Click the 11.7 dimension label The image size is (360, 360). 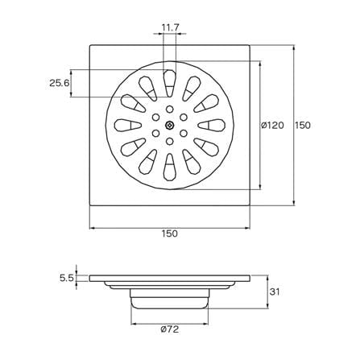171,27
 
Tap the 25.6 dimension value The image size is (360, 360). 60,83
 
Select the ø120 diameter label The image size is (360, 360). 272,125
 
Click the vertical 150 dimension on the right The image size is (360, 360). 303,125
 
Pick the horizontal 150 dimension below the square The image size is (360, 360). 170,234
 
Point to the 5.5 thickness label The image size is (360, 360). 66,278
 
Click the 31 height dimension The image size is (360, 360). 275,292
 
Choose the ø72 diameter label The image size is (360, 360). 170,329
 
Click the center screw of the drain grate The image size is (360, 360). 170,125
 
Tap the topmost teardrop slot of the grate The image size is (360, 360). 170,83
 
